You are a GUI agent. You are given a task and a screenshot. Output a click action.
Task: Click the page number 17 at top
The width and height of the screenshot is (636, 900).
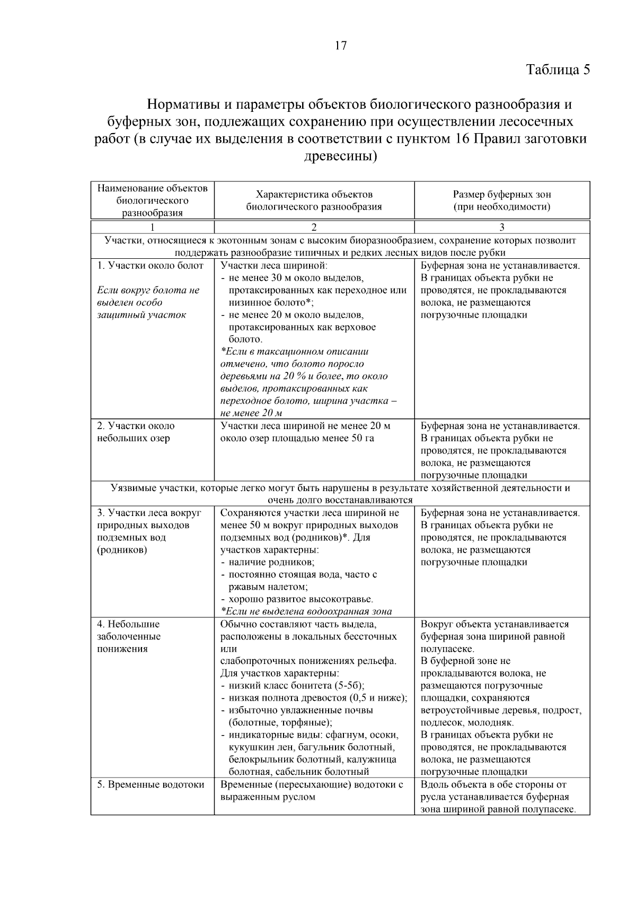coord(341,46)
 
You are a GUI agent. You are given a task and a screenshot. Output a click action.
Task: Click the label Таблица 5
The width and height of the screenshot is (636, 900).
coord(558,69)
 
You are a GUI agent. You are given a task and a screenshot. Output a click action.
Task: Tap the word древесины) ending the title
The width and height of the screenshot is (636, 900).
coord(341,156)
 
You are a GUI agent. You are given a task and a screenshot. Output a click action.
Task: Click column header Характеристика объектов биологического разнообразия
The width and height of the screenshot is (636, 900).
coord(314,200)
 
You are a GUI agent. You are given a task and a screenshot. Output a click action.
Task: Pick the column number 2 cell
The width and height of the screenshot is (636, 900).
coord(314,227)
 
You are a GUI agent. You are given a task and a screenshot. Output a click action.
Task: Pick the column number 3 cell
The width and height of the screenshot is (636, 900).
coord(501,227)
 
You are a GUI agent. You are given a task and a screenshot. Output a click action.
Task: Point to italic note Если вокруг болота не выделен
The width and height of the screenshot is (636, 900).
coord(147,302)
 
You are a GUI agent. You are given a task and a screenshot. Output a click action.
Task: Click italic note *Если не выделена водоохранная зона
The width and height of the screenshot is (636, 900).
coord(306,611)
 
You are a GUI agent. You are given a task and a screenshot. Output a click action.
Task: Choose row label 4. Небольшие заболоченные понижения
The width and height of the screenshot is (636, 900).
coord(129,636)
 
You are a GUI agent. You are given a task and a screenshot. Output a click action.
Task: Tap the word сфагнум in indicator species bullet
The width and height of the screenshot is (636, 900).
coord(344,735)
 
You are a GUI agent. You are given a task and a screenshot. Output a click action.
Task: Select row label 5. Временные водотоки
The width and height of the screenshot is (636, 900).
coord(151,784)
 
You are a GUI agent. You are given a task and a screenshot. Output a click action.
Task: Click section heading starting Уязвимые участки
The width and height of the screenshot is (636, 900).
coord(340,488)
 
